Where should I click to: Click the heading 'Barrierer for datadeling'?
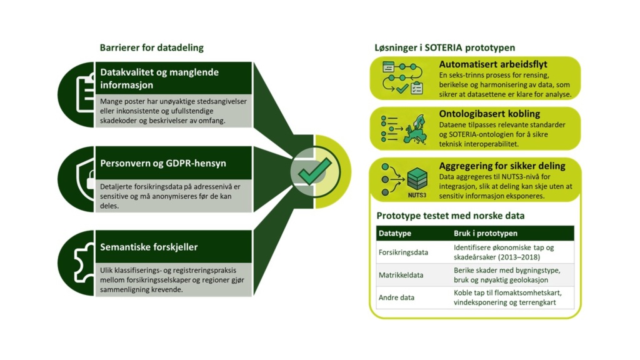click(151, 47)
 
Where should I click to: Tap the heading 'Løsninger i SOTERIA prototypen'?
click(444, 47)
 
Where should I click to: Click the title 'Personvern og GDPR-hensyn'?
click(163, 164)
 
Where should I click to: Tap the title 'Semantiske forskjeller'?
click(149, 247)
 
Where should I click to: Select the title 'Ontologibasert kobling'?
click(489, 114)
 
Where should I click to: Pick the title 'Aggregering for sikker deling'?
click(502, 166)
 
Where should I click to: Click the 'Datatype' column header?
click(394, 233)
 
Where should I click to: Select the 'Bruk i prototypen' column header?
click(486, 233)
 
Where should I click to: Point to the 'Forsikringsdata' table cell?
click(403, 252)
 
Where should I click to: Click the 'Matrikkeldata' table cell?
click(401, 275)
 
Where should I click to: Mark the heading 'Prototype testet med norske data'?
click(450, 216)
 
